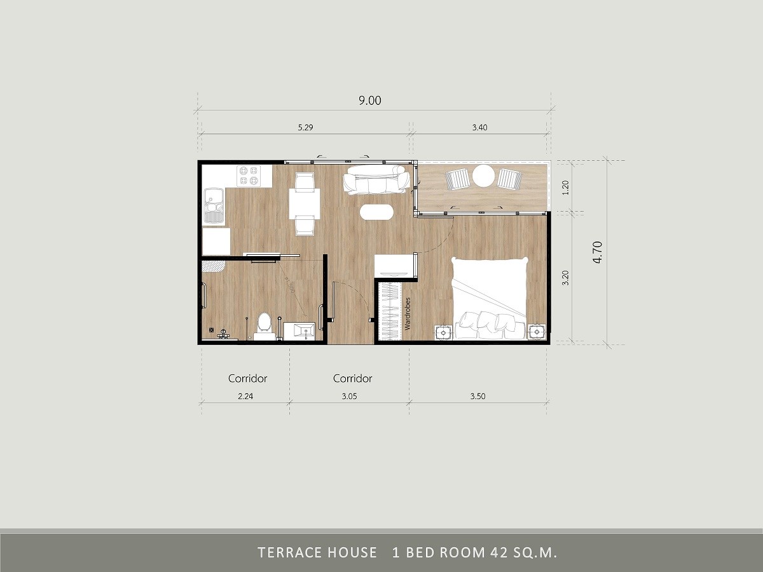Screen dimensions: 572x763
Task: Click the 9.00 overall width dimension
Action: (369, 100)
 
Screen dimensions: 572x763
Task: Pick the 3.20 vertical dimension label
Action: (566, 279)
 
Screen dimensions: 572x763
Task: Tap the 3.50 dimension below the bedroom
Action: (478, 396)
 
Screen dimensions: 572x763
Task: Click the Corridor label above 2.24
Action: (248, 378)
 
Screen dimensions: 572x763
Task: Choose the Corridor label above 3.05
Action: (352, 378)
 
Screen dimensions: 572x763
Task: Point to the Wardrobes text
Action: (408, 313)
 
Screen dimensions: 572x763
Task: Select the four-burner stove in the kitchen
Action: (248, 176)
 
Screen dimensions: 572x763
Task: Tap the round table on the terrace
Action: (484, 176)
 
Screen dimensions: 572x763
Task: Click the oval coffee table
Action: (376, 212)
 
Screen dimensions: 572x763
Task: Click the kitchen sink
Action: (213, 204)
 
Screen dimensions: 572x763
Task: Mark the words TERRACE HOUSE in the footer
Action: (317, 552)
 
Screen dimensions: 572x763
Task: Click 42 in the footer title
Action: (497, 552)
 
